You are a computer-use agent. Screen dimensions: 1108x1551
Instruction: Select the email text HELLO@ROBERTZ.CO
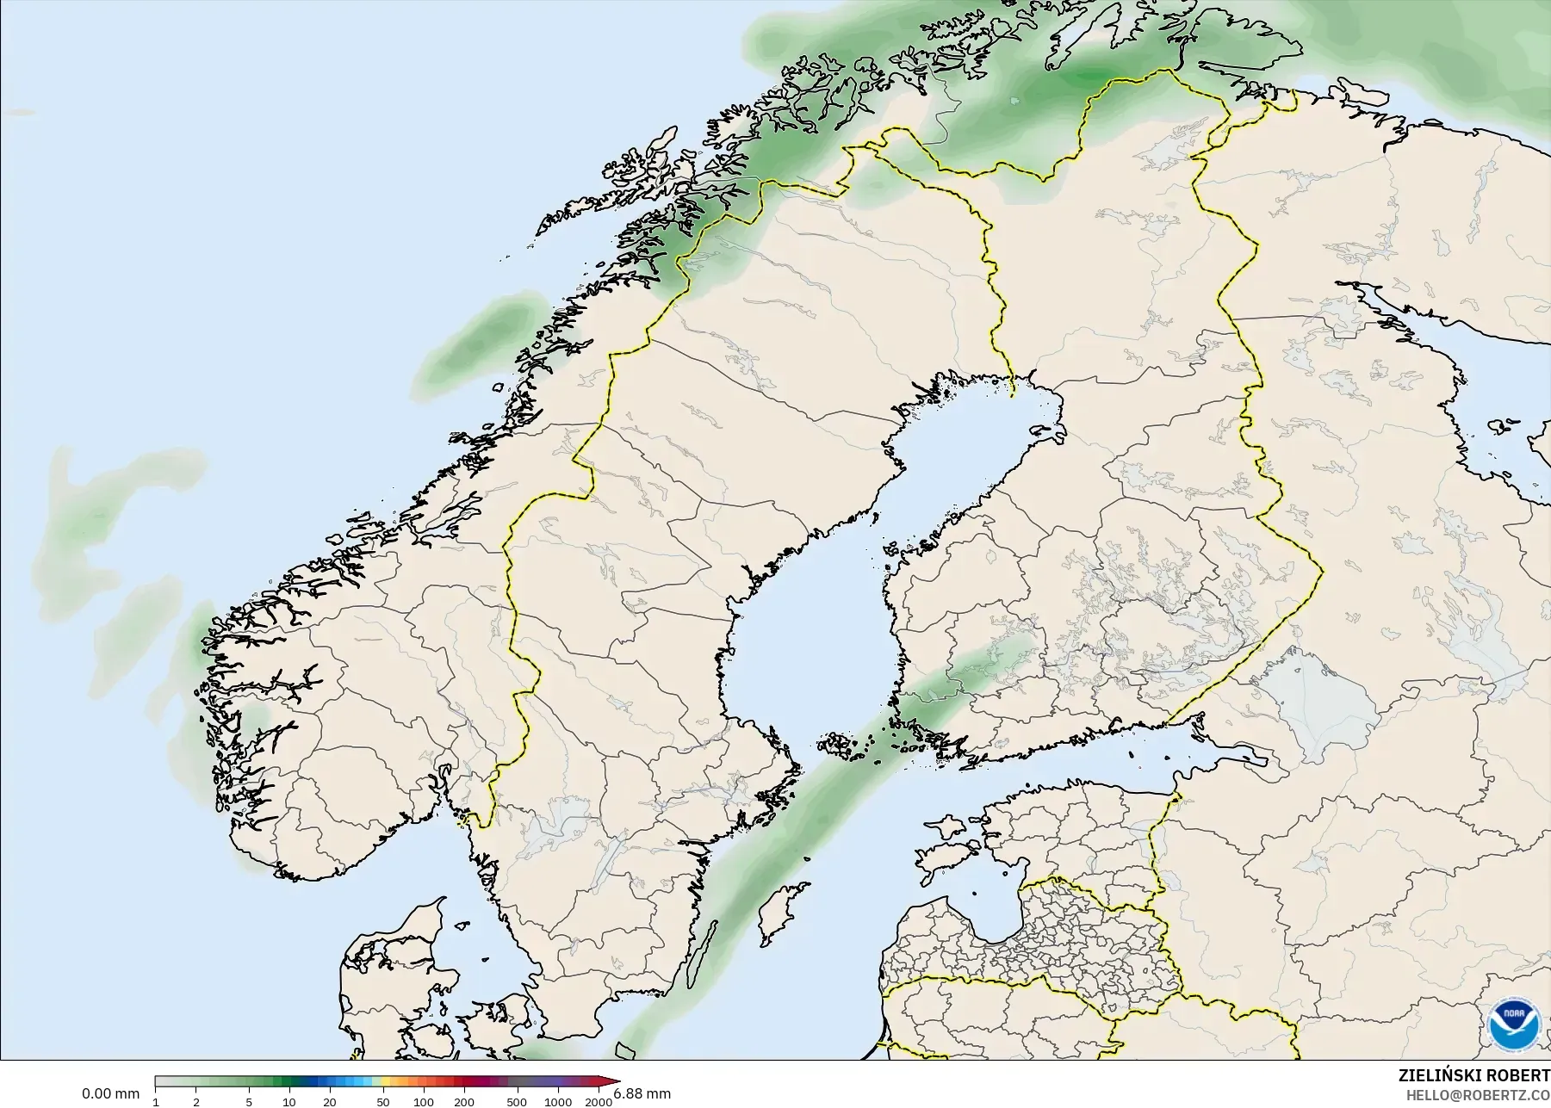point(1479,1095)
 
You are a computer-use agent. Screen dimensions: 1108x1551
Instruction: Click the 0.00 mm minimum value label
point(110,1094)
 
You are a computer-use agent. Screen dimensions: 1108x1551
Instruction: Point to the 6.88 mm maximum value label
point(642,1094)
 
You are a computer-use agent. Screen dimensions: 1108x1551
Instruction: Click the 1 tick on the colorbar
point(156,1102)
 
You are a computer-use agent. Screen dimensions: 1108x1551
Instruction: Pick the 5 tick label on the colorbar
point(249,1102)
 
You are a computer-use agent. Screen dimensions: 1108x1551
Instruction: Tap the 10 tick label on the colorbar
point(289,1102)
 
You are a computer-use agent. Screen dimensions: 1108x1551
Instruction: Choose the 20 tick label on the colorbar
point(330,1102)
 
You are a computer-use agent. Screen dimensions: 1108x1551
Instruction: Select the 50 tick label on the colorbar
point(382,1102)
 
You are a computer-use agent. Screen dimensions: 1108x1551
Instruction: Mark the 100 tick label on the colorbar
point(423,1102)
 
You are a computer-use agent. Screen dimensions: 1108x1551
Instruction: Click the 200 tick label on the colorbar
point(463,1102)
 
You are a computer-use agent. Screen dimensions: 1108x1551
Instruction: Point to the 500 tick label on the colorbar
point(517,1102)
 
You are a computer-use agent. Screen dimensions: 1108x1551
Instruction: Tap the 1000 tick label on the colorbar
point(557,1102)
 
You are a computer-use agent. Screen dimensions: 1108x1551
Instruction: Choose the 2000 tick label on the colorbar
point(599,1102)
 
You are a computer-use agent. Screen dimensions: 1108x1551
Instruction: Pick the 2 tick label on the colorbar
point(196,1102)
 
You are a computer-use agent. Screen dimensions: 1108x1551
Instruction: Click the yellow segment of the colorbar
point(387,1082)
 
